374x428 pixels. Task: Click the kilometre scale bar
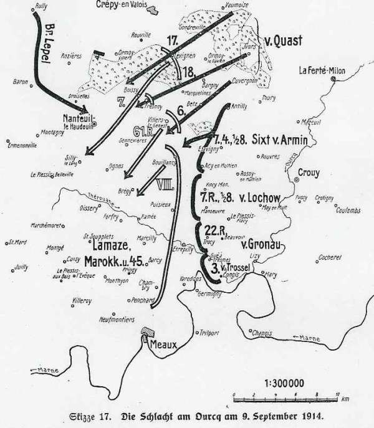tap(285, 396)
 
